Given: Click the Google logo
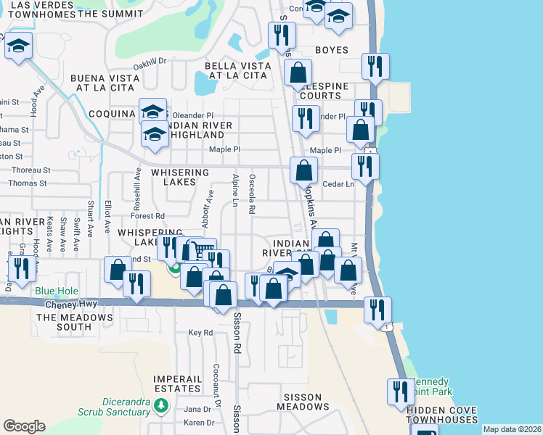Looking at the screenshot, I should tap(24, 426).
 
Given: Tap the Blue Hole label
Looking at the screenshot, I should tap(54, 291).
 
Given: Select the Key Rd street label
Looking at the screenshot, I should tap(200, 333).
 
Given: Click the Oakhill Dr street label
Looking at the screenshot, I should tap(150, 62).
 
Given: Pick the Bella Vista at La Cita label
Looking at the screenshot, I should tap(238, 70).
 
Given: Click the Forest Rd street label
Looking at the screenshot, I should tap(148, 216).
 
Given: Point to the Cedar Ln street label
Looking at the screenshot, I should tap(338, 184).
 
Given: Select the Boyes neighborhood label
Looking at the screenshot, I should tap(332, 50).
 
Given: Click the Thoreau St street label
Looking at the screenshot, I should tap(30, 170).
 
